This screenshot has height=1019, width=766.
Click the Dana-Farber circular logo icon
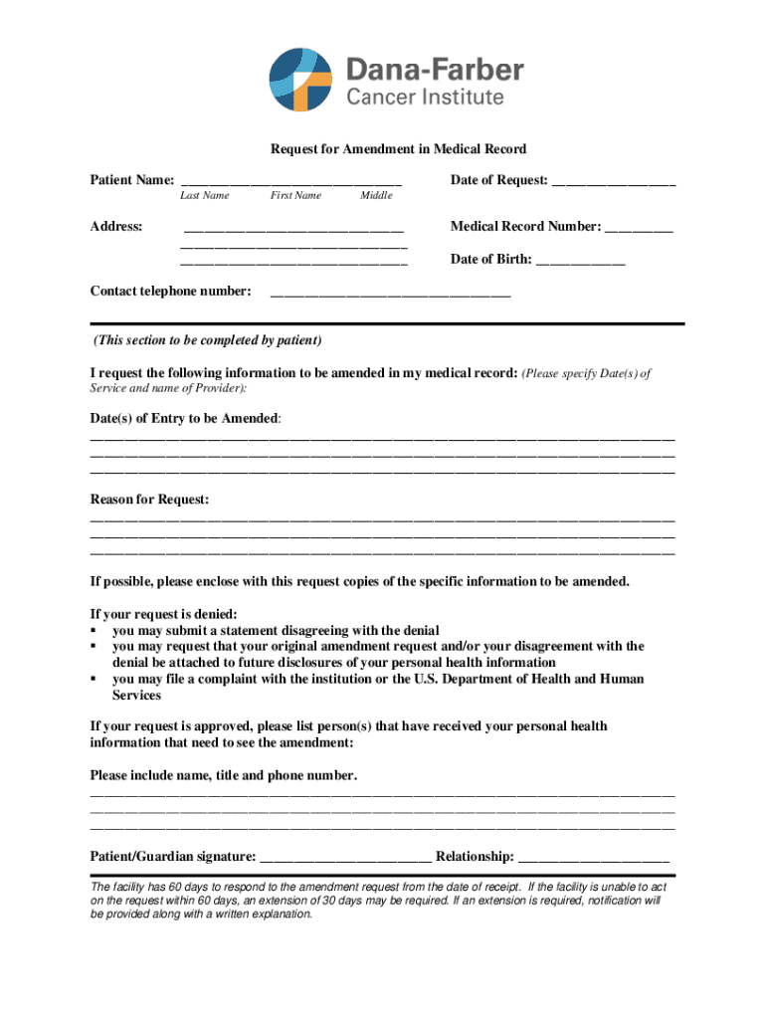click(x=299, y=79)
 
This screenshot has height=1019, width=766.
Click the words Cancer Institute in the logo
click(x=425, y=98)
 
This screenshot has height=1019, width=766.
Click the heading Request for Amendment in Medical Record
click(x=398, y=149)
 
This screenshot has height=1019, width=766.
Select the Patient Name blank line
click(x=290, y=182)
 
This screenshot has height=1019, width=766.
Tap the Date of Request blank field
click(x=614, y=182)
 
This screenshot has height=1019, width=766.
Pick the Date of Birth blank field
click(x=581, y=262)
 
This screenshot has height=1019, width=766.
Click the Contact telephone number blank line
click(x=390, y=294)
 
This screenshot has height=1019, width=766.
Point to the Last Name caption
click(x=205, y=196)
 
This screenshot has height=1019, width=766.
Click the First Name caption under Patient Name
click(x=295, y=196)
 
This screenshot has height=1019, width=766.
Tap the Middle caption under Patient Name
click(x=376, y=196)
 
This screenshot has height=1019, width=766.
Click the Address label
click(x=116, y=227)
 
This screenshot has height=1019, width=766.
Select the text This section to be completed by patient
click(x=207, y=340)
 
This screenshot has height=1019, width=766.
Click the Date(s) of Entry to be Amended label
click(x=185, y=419)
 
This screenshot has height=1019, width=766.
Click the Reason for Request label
click(x=149, y=500)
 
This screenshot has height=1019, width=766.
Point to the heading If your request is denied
click(x=164, y=614)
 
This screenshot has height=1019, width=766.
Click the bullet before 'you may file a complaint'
click(x=94, y=680)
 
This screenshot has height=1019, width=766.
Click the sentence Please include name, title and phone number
click(x=224, y=775)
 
